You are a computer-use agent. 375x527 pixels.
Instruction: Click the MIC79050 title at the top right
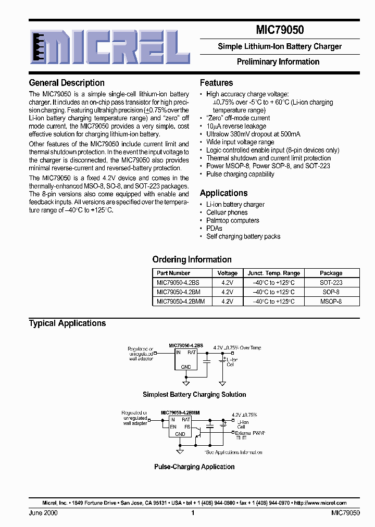tap(279, 30)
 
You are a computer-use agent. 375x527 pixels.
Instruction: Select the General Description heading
tap(67, 83)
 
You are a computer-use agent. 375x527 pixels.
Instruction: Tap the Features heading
tap(216, 83)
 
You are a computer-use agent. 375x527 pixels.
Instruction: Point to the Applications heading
tap(223, 193)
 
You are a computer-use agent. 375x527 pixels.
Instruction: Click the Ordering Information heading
tap(192, 259)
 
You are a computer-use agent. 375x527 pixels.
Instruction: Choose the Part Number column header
tap(173, 273)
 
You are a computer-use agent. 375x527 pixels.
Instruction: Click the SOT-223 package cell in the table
tap(331, 282)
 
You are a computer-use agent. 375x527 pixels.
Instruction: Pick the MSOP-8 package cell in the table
tap(331, 301)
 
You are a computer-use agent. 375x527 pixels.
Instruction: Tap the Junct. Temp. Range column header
tap(273, 273)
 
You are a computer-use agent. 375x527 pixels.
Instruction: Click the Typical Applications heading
tap(67, 323)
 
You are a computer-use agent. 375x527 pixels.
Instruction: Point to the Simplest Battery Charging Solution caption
tap(194, 395)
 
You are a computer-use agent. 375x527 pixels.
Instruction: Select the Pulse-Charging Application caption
tap(194, 467)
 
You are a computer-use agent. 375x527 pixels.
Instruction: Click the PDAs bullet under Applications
tap(214, 228)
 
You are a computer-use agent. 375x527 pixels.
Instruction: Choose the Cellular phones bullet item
tap(227, 212)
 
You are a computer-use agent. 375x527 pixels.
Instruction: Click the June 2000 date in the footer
tap(43, 513)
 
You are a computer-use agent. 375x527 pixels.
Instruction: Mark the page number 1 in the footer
tap(193, 513)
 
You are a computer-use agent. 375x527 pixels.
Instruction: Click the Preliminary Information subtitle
tap(278, 61)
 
